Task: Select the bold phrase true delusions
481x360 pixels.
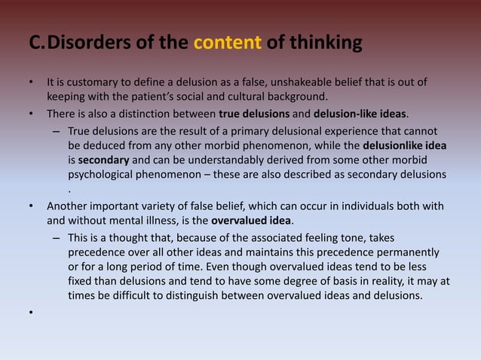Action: (253, 114)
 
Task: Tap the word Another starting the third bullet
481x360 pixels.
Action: (69, 206)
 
